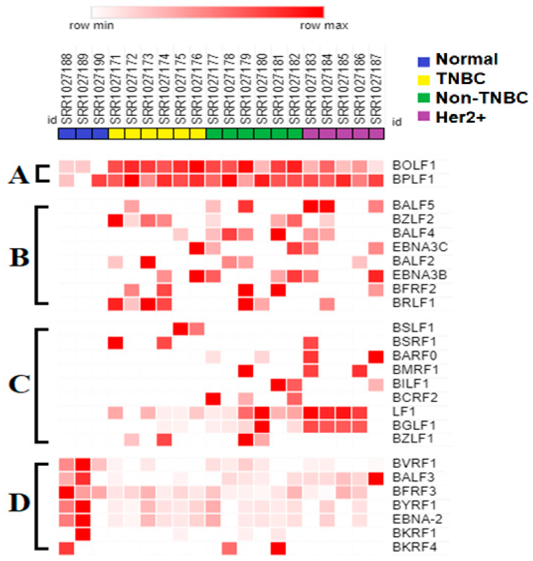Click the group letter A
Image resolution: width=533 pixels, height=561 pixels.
[19, 175]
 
